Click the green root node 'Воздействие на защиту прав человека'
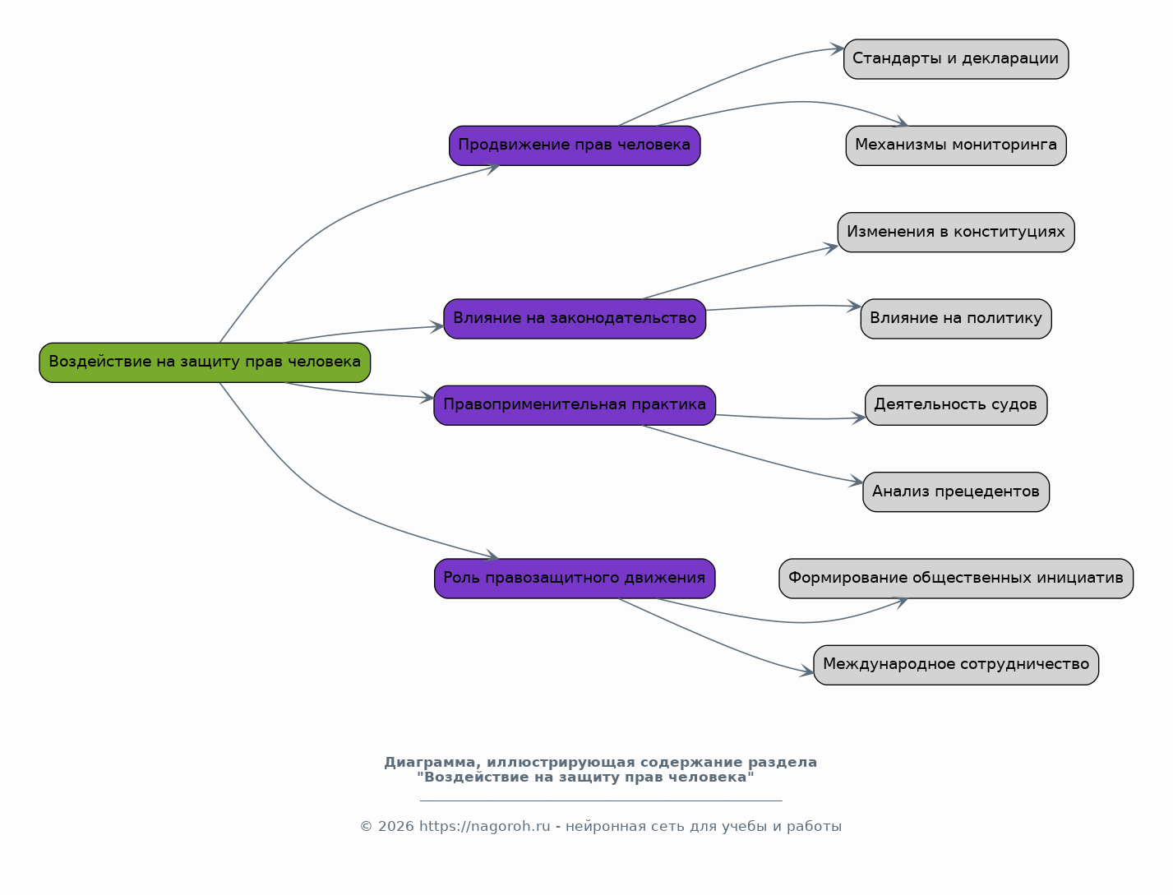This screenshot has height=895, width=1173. tap(205, 362)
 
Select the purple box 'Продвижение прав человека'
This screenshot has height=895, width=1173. tap(575, 145)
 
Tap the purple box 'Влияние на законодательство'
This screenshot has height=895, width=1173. tap(575, 319)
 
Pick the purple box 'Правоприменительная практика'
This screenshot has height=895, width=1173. tap(575, 405)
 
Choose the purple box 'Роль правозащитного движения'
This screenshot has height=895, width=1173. tap(575, 579)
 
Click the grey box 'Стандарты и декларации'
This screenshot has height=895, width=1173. tap(956, 59)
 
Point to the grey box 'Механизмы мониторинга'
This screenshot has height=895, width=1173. tap(956, 145)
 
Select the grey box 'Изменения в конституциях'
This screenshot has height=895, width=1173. tap(956, 233)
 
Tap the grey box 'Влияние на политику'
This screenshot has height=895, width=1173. tap(956, 319)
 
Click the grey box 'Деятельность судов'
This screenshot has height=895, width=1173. tap(956, 405)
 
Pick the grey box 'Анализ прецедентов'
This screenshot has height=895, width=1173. tap(956, 492)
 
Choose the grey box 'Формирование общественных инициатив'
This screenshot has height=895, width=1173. tap(956, 579)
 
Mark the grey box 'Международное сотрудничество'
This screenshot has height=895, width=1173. tap(956, 665)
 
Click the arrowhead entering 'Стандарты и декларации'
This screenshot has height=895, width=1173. tap(837, 49)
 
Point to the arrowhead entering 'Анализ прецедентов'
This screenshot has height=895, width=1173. tap(856, 481)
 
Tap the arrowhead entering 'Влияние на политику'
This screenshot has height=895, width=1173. tap(854, 307)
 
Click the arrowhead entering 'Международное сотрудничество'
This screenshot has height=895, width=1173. tap(806, 671)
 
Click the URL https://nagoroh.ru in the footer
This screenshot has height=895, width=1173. tap(485, 827)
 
